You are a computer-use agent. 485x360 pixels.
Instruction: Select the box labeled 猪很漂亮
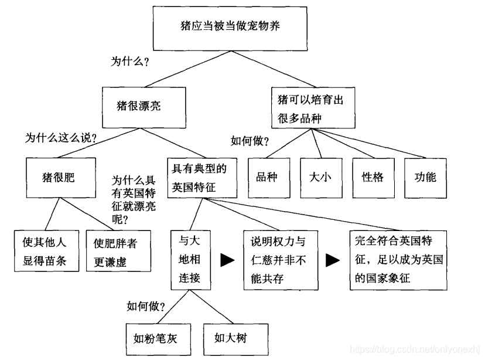pyautogui.click(x=144, y=106)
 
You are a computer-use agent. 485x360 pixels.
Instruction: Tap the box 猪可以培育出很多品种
pyautogui.click(x=313, y=108)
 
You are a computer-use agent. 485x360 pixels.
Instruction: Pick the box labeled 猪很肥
pyautogui.click(x=59, y=177)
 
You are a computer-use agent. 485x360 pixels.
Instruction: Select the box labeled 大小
pyautogui.click(x=321, y=177)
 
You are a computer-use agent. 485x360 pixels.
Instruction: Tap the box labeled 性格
pyautogui.click(x=373, y=177)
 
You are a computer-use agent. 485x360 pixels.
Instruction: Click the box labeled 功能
pyautogui.click(x=425, y=177)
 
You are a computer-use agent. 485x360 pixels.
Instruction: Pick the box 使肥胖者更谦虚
pyautogui.click(x=115, y=252)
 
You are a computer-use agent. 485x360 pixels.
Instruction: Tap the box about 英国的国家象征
pyautogui.click(x=399, y=259)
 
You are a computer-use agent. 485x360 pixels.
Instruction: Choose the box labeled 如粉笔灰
pyautogui.click(x=155, y=338)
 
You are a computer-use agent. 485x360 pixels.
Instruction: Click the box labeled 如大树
pyautogui.click(x=229, y=338)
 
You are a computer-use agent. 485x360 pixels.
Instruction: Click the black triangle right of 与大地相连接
pyautogui.click(x=227, y=260)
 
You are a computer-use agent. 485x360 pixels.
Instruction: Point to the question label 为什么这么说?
pyautogui.click(x=60, y=139)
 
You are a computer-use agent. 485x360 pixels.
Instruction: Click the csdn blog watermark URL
pyautogui.click(x=416, y=350)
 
